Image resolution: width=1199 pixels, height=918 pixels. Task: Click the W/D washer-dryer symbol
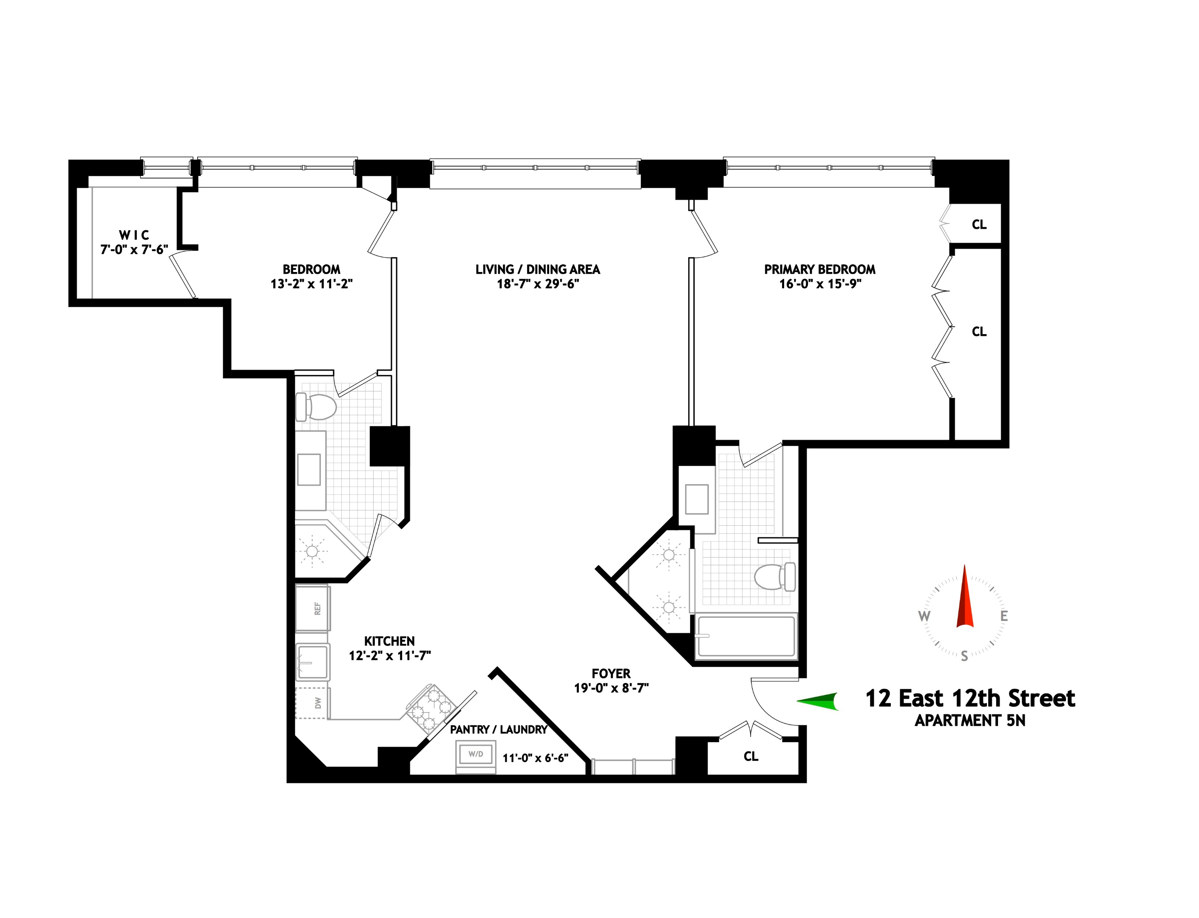pyautogui.click(x=476, y=756)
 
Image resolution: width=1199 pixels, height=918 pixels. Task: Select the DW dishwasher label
pyautogui.click(x=317, y=703)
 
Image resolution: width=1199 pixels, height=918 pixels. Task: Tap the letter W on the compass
pyautogui.click(x=924, y=616)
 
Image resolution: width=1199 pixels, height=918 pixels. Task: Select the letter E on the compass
pyautogui.click(x=1004, y=616)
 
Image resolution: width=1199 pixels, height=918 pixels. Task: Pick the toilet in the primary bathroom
pyautogui.click(x=774, y=576)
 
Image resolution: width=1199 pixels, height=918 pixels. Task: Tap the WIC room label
pyautogui.click(x=134, y=235)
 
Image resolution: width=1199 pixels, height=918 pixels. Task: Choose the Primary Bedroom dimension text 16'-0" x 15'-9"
pyautogui.click(x=820, y=283)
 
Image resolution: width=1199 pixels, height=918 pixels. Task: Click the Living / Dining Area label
pyautogui.click(x=538, y=269)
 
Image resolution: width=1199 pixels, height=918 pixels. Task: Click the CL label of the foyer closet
pyautogui.click(x=751, y=756)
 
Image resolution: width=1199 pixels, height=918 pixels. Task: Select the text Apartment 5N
pyautogui.click(x=969, y=721)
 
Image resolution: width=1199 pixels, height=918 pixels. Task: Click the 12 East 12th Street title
pyautogui.click(x=970, y=699)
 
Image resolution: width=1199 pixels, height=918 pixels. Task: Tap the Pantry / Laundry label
pyautogui.click(x=499, y=729)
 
